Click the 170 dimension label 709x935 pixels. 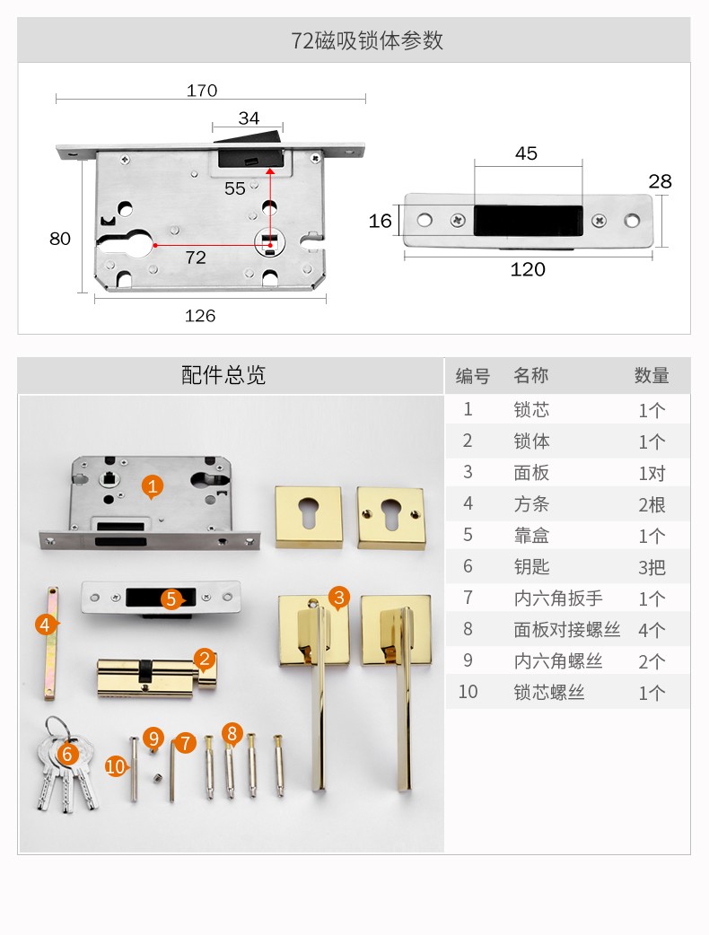coord(202,91)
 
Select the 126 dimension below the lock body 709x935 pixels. coord(200,316)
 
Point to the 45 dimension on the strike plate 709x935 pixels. coord(526,153)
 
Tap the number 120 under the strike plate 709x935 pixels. coord(528,269)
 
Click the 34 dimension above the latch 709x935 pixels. coord(249,118)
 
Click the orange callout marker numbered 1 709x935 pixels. coord(152,487)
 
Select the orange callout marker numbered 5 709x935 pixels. coord(171,599)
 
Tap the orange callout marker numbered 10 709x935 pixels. coord(116,765)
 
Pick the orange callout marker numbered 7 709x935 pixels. coord(186,743)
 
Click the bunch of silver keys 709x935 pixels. coord(65,766)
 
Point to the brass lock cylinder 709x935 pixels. coord(156,677)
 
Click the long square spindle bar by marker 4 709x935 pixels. coord(51,642)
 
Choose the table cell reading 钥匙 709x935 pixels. coord(531,566)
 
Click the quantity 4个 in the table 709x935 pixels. coord(652,630)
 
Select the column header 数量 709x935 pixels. coord(652,376)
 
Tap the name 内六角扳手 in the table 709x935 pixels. coord(558,599)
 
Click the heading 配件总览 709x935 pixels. coord(223,375)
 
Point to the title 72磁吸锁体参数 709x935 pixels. coord(367,40)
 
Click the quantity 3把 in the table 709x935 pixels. coord(652,567)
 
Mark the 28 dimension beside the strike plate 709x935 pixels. coord(661,181)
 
